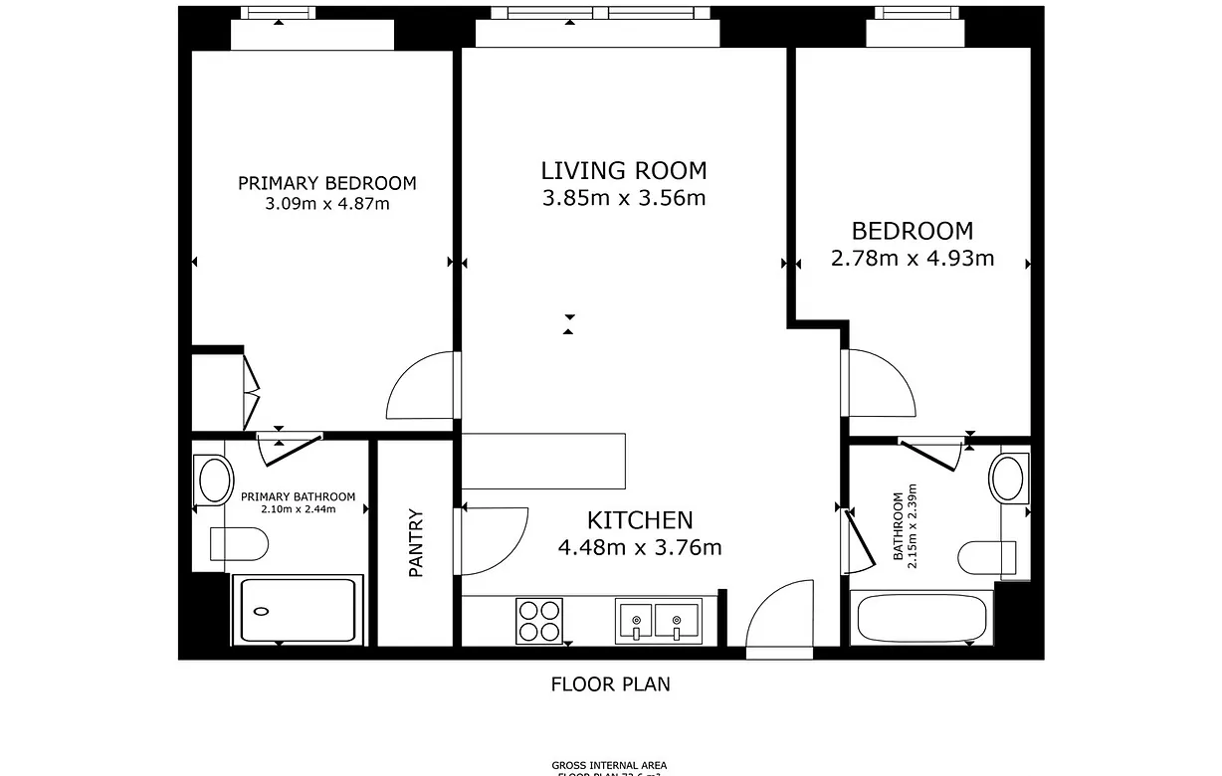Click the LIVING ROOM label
coord(624,170)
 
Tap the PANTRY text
coord(416,543)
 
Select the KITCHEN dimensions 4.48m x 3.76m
coord(639,547)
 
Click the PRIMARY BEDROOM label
coord(326,183)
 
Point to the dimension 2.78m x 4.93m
coord(913,259)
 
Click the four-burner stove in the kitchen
coord(539,621)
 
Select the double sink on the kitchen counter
coord(657,621)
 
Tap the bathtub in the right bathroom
coord(922,618)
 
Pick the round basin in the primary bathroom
coord(214,480)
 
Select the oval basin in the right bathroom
coord(1009,478)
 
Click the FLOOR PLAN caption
coord(610,684)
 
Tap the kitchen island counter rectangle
coord(543,461)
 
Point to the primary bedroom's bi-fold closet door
coord(251,390)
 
